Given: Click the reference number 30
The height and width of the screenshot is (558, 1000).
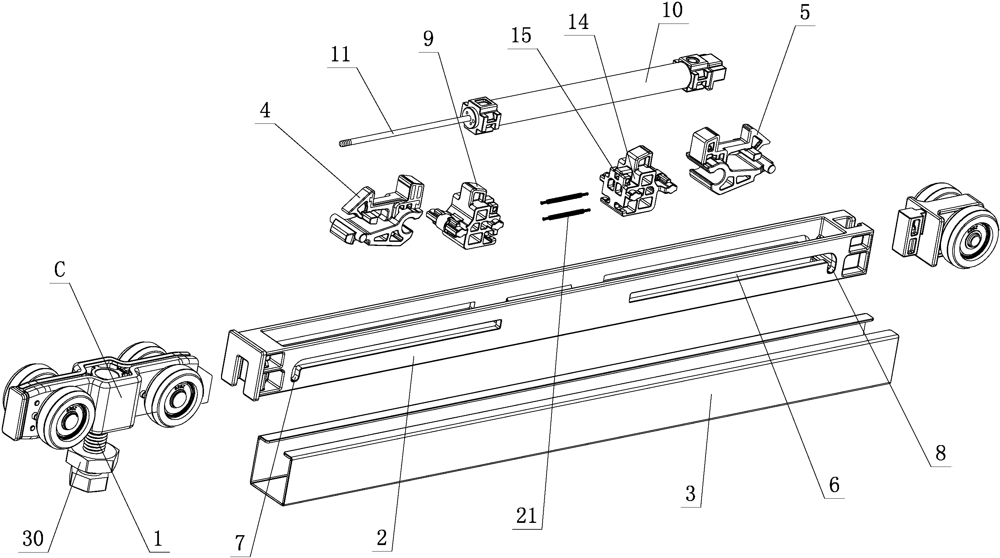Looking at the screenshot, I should (x=33, y=539).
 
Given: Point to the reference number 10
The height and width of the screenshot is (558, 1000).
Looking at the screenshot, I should (x=672, y=11).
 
